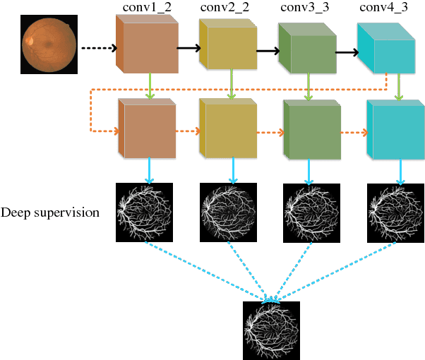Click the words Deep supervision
tap(51, 212)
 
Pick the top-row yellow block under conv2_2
tap(227, 47)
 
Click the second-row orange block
tap(146, 129)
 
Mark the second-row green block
tap(310, 131)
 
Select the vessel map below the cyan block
tap(395, 210)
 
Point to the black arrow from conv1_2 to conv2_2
tap(187, 49)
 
